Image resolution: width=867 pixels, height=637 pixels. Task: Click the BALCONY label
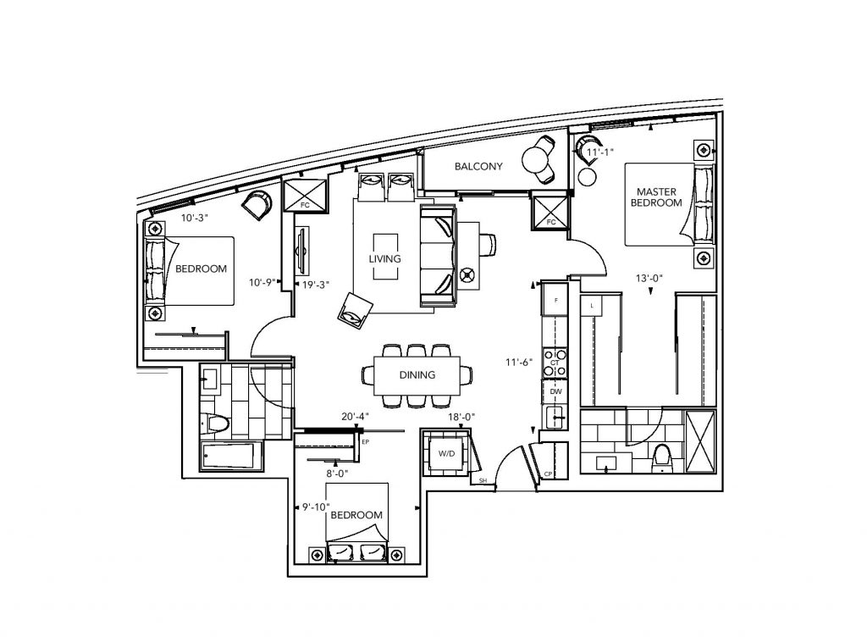478,166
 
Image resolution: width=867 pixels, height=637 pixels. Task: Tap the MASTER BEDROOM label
656,197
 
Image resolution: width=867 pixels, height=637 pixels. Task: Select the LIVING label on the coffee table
385,259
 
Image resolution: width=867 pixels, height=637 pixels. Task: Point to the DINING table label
417,375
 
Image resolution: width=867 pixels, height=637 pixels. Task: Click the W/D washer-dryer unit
446,454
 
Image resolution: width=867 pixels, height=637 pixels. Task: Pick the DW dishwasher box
555,391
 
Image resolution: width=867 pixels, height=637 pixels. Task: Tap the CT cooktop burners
555,363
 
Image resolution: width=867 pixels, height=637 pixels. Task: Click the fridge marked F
555,300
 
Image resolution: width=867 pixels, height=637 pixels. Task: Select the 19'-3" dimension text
316,285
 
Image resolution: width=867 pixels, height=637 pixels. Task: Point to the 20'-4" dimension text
355,417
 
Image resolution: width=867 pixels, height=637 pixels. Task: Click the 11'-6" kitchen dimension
519,363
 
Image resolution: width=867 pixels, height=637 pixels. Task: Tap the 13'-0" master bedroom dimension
649,278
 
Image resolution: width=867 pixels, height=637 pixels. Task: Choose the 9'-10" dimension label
316,507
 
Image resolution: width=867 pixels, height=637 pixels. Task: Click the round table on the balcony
535,160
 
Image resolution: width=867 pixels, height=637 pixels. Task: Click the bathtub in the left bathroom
229,456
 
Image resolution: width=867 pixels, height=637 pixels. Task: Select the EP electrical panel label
365,442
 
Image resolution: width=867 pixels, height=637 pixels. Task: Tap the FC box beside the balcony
549,211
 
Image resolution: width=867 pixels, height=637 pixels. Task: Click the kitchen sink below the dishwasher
555,418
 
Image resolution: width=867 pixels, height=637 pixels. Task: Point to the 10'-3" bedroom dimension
194,218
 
